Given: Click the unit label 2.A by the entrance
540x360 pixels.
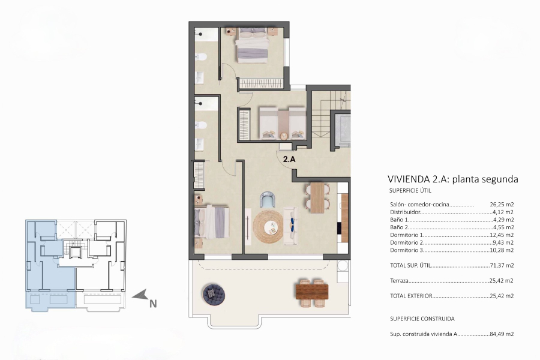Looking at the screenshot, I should (289, 160).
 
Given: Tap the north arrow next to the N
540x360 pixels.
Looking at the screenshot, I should (140, 295).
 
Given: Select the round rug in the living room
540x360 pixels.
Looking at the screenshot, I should (268, 227).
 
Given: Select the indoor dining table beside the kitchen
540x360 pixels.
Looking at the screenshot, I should (316, 197).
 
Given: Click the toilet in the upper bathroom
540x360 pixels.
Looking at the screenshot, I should (202, 58).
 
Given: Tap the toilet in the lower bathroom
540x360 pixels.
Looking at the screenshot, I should (202, 125).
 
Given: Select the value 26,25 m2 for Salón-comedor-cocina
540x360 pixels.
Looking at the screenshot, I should (502, 204).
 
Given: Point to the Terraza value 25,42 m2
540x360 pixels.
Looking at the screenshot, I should (502, 280).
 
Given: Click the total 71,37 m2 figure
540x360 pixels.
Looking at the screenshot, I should (502, 265).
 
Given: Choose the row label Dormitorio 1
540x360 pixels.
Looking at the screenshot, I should (407, 235).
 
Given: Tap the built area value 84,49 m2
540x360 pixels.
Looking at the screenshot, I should (502, 334).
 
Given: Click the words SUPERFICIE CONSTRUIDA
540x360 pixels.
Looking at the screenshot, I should (422, 319).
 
